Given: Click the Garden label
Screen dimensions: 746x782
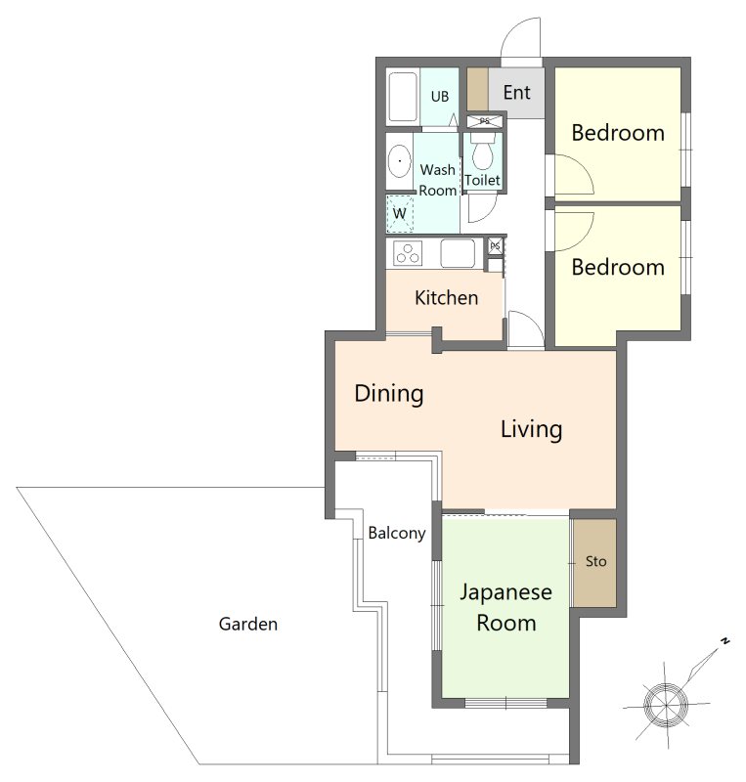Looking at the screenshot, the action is pos(248,624).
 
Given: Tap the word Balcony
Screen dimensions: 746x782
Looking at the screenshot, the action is pos(397,533).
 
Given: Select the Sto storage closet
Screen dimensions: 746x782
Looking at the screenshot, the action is pos(594,563).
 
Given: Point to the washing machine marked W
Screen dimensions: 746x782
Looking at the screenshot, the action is pos(400,214).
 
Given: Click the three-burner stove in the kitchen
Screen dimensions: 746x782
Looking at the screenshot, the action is pos(408,253).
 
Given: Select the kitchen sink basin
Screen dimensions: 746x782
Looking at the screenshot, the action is pos(457,253).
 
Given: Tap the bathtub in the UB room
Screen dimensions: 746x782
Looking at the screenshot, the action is pos(403,97).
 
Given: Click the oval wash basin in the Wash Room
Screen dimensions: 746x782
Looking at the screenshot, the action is pos(399,161).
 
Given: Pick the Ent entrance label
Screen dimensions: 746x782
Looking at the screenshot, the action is pos(516,93).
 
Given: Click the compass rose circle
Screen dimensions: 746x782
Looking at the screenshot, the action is pos(666,705).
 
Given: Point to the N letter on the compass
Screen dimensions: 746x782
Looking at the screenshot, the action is pos(725,641).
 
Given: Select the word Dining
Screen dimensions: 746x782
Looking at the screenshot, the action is pos(389,394).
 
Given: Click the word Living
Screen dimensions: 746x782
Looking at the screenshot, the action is pos(532,429).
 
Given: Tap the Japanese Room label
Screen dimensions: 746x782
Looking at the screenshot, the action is pos(506,607).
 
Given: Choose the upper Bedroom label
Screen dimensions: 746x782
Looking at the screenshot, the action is pos(618,133).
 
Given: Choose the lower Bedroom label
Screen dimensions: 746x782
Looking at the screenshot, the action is pos(618,267).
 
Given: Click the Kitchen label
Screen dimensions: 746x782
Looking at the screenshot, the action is pos(446,298).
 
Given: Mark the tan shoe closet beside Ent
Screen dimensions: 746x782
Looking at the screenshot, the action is pos(477,89).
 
